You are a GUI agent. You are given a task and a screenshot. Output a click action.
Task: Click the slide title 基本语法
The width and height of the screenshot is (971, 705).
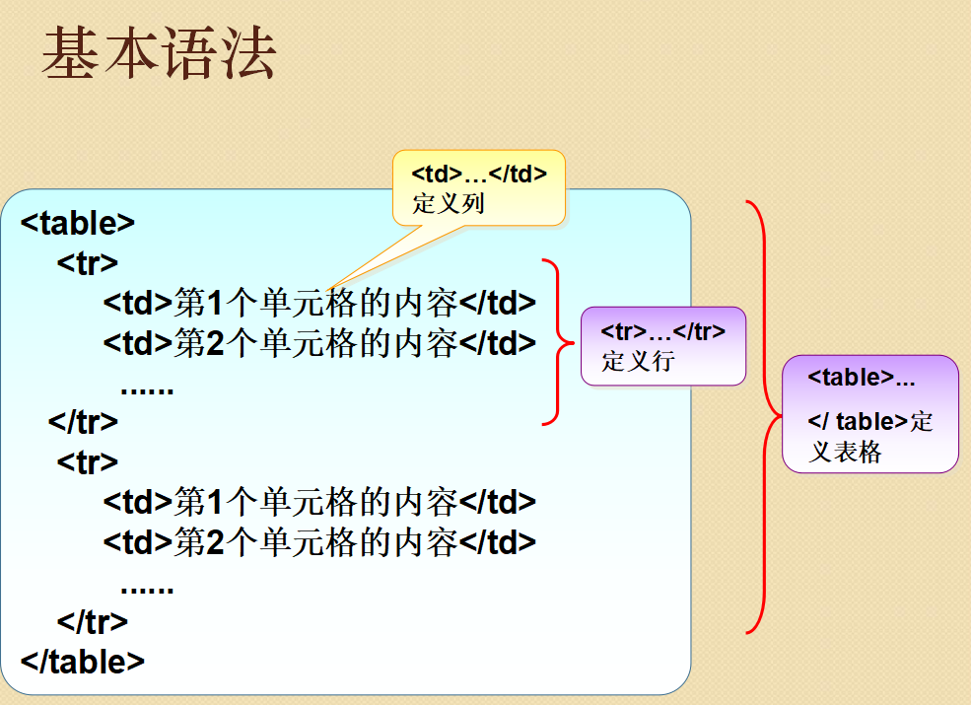pyautogui.click(x=159, y=53)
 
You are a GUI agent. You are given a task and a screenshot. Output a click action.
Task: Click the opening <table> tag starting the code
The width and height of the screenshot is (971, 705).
pyautogui.click(x=78, y=223)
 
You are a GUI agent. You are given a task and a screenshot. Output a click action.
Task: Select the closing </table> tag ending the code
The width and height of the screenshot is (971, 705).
pyautogui.click(x=83, y=662)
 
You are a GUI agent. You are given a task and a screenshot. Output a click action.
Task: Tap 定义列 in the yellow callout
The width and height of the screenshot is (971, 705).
pyautogui.click(x=449, y=203)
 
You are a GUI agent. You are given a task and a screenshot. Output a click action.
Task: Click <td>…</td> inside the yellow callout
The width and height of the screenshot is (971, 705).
pyautogui.click(x=479, y=175)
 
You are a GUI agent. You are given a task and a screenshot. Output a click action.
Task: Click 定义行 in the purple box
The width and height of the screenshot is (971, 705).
pyautogui.click(x=638, y=361)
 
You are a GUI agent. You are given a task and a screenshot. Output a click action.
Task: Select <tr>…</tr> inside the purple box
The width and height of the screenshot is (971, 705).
pyautogui.click(x=662, y=331)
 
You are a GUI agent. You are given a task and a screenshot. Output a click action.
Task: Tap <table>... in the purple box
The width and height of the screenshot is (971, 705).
pyautogui.click(x=861, y=377)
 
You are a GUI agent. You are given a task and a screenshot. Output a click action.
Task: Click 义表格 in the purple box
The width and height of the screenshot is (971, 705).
pyautogui.click(x=845, y=452)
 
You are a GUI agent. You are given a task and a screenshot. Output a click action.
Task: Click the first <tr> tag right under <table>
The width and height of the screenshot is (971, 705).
pyautogui.click(x=88, y=262)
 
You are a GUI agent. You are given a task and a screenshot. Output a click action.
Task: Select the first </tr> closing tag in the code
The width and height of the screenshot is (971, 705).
pyautogui.click(x=83, y=422)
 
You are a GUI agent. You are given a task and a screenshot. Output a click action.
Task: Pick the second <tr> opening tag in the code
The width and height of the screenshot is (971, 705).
pyautogui.click(x=88, y=462)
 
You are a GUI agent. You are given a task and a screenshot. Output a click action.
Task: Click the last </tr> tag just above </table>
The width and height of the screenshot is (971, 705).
pyautogui.click(x=93, y=622)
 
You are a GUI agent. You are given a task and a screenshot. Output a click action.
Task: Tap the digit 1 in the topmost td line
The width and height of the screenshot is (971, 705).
pyautogui.click(x=215, y=303)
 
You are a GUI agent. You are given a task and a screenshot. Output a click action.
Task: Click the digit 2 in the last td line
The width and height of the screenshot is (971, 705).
pyautogui.click(x=215, y=542)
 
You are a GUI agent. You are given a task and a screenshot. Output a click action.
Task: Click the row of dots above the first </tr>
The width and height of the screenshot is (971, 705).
pyautogui.click(x=148, y=390)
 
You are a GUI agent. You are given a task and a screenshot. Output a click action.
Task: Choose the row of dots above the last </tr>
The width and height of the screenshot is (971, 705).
pyautogui.click(x=148, y=590)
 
